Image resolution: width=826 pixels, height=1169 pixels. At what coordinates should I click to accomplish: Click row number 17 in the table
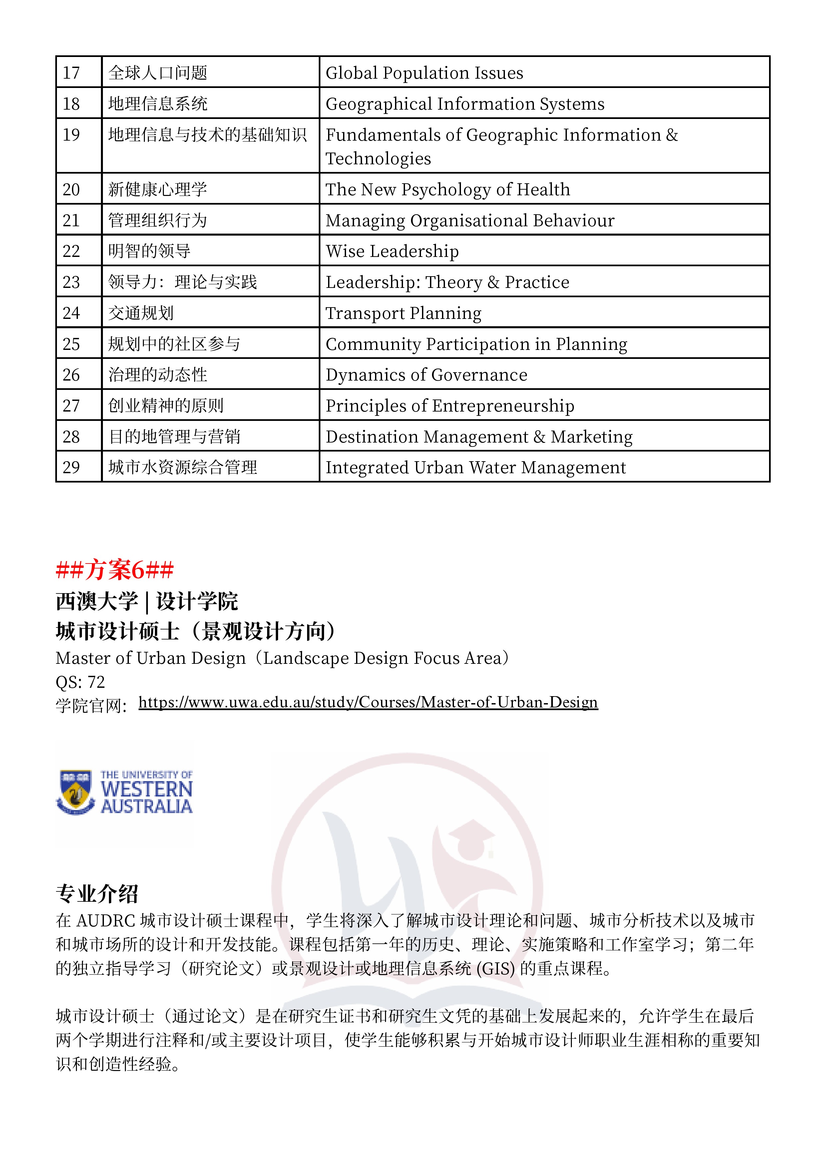coord(71,73)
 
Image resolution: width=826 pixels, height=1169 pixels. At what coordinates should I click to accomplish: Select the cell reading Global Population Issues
coord(424,73)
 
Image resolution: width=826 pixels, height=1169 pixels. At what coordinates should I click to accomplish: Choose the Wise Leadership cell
coord(392,251)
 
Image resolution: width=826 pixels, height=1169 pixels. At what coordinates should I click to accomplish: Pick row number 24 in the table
coord(71,313)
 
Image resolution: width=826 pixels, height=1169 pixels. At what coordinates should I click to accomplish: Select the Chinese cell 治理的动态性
coord(158,375)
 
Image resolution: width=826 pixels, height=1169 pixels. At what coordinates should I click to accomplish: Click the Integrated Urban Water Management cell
coord(475,468)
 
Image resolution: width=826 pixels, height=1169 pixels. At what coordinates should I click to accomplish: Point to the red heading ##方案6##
coord(115,570)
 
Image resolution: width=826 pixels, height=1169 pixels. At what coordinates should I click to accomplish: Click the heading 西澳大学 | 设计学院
coord(147,601)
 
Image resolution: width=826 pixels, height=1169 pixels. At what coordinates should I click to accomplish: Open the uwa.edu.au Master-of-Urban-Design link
coord(368,702)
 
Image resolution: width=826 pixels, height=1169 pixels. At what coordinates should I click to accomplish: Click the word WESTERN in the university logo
coord(147,789)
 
